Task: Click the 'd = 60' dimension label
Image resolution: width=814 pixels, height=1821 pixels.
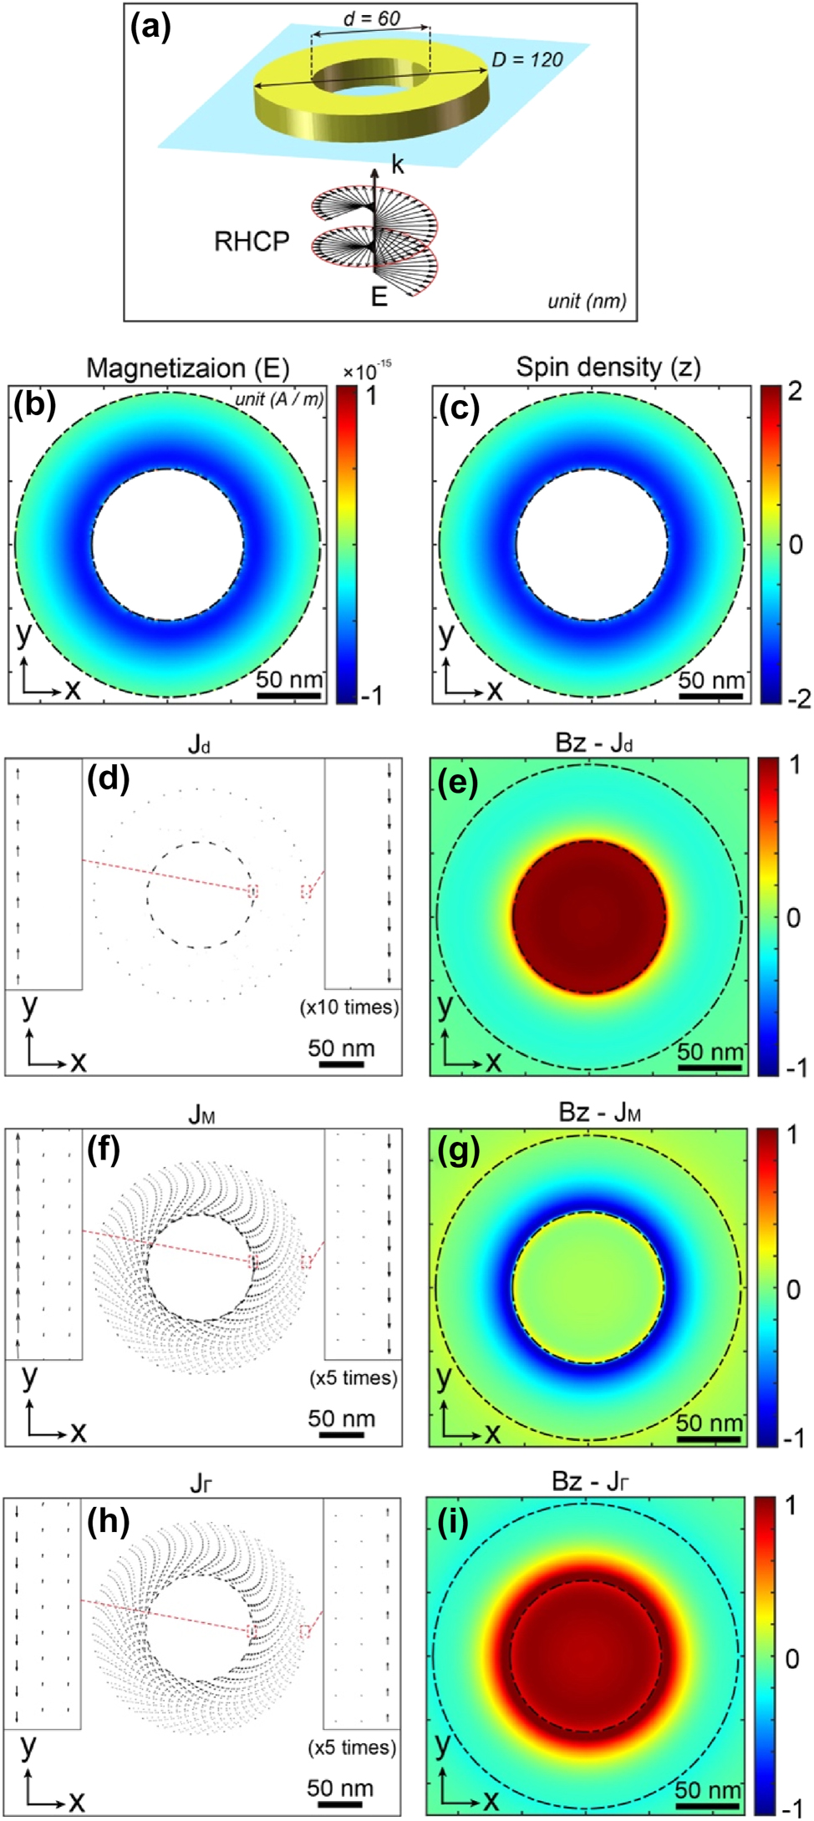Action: click(x=372, y=18)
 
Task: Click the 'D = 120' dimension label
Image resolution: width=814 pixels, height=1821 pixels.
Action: click(x=527, y=59)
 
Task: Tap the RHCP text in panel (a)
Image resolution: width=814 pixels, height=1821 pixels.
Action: click(x=252, y=241)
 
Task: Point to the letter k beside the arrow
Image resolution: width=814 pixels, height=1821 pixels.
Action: click(x=397, y=165)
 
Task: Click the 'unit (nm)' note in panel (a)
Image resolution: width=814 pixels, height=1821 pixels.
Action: click(x=587, y=301)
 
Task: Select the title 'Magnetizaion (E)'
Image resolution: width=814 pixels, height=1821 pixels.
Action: click(x=188, y=368)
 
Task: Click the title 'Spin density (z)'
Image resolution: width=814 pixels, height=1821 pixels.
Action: click(x=608, y=367)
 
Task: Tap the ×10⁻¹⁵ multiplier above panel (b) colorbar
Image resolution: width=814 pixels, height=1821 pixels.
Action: click(x=367, y=370)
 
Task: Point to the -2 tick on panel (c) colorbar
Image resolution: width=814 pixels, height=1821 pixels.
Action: click(x=798, y=697)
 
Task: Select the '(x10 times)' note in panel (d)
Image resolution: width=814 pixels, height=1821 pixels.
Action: click(x=349, y=1007)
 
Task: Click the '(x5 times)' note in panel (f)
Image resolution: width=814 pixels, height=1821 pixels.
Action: click(x=354, y=1377)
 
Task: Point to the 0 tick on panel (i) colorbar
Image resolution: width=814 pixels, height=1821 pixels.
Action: click(x=791, y=1658)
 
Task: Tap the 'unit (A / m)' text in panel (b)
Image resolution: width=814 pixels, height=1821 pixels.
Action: click(x=279, y=398)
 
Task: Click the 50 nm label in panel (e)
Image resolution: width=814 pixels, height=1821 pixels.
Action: click(x=710, y=1052)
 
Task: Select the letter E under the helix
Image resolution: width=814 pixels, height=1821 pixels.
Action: click(x=379, y=297)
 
